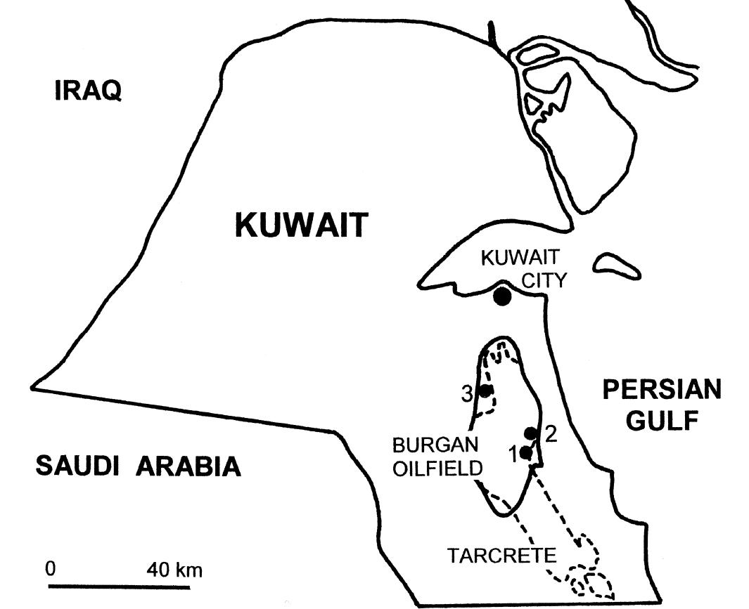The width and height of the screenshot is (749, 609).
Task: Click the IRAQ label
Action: [x=88, y=91]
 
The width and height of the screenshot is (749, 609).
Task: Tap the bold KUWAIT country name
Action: [x=302, y=225]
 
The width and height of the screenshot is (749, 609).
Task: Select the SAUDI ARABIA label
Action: [x=138, y=466]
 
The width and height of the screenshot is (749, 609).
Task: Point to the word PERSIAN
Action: [x=662, y=390]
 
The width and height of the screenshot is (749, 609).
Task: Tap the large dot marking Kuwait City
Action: [x=502, y=296]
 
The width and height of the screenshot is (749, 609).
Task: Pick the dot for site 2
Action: [x=532, y=433]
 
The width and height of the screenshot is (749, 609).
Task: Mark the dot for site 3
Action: [x=485, y=391]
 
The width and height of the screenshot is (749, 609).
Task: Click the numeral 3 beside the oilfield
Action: [x=467, y=395]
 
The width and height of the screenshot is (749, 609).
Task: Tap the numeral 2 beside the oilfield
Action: [x=551, y=433]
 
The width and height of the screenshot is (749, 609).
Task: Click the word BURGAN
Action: [x=435, y=445]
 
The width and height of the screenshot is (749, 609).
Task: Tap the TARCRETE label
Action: [x=501, y=556]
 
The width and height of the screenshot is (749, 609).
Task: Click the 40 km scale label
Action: [x=174, y=569]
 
